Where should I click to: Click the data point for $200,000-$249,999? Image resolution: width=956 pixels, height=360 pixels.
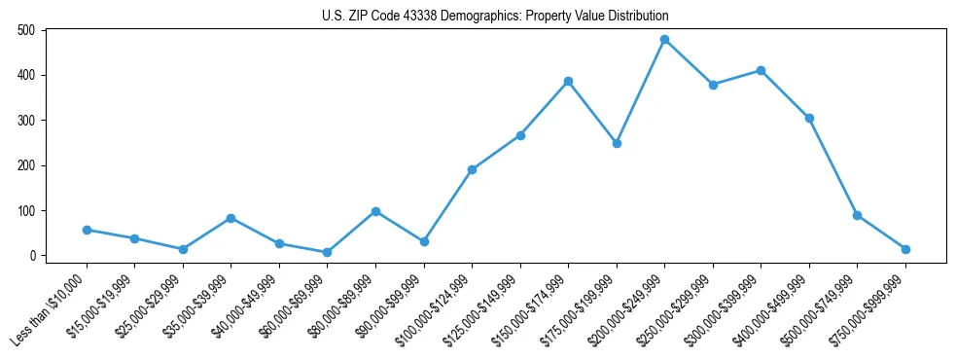(x=664, y=40)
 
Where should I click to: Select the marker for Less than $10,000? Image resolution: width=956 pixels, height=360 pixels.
(x=87, y=230)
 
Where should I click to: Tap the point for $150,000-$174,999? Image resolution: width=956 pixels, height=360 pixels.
(x=568, y=81)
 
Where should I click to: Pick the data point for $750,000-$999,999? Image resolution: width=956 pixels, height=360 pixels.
(x=905, y=249)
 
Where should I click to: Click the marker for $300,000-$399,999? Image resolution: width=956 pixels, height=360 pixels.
(x=761, y=70)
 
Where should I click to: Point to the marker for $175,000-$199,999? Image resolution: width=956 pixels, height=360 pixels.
(x=617, y=143)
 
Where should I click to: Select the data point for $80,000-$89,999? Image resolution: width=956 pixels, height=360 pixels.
(x=375, y=211)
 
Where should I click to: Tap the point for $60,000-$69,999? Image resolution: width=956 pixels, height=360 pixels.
(x=327, y=252)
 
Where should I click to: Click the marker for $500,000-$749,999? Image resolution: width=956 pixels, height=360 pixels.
(x=857, y=215)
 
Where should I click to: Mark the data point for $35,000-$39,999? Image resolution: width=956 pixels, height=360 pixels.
(x=230, y=218)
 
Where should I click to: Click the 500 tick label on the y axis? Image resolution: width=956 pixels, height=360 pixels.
(x=26, y=30)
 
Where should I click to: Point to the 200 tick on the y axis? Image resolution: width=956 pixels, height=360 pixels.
(x=26, y=165)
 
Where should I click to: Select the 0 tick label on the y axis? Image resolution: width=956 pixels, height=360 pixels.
(x=32, y=256)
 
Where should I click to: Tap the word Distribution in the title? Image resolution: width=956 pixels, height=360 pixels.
(x=633, y=17)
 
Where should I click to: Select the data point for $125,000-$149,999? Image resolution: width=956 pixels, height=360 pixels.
(x=520, y=135)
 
